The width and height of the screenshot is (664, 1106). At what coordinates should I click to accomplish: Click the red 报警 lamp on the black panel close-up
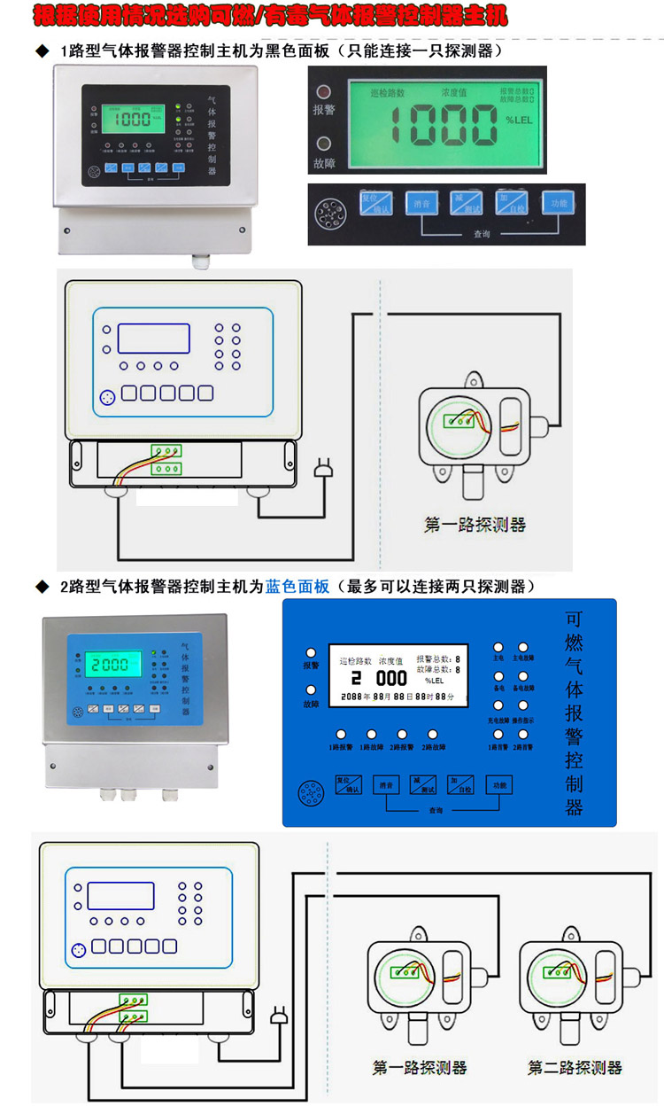323,91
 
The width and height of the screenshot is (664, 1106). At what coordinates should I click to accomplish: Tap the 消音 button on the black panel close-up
421,203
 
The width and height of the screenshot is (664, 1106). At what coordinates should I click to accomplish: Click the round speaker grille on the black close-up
328,212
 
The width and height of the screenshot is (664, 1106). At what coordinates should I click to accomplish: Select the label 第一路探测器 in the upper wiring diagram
475,525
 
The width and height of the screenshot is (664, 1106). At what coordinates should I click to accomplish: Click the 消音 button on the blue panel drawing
385,784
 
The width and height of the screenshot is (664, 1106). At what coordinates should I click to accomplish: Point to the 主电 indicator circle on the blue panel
498,648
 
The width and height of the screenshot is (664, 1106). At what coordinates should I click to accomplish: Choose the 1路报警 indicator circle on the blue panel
341,734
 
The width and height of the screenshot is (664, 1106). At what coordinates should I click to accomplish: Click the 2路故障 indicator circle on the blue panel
433,734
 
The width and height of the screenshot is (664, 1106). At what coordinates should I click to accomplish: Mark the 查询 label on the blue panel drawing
435,810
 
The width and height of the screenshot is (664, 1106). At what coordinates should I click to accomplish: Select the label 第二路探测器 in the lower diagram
575,1068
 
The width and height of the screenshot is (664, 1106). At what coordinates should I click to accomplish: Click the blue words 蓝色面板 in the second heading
297,587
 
